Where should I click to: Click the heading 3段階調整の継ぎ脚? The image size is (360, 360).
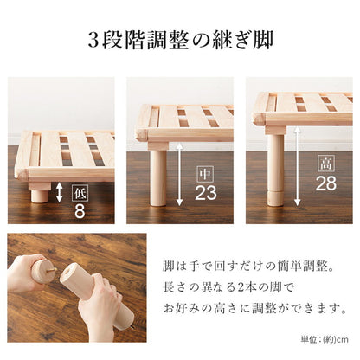[179, 40]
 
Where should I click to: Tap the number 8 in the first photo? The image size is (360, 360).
[79, 209]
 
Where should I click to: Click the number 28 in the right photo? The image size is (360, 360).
[325, 183]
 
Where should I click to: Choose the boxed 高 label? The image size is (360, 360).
[325, 161]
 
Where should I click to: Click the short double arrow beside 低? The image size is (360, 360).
[59, 192]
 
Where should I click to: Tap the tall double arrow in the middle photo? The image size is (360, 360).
[178, 173]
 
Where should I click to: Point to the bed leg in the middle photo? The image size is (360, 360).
[157, 176]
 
